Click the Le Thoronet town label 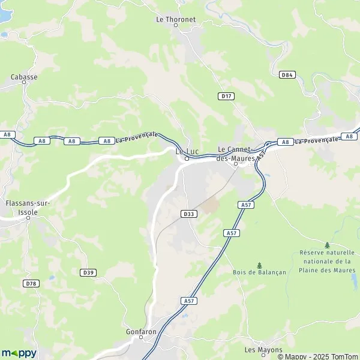tap(176, 19)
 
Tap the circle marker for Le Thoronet tap(176, 25)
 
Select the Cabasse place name tap(24, 77)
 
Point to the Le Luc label tap(187, 152)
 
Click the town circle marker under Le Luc tap(187, 159)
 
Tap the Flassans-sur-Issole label tap(28, 207)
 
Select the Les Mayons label tap(259, 349)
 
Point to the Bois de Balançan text tap(260, 272)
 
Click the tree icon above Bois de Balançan tap(259, 265)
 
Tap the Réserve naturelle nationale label tap(327, 261)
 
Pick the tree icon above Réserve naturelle tap(327, 245)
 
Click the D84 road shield tap(287, 75)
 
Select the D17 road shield tap(226, 96)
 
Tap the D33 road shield tap(188, 214)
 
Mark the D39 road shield tap(88, 272)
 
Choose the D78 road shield tap(31, 283)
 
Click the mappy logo tap(19, 353)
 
